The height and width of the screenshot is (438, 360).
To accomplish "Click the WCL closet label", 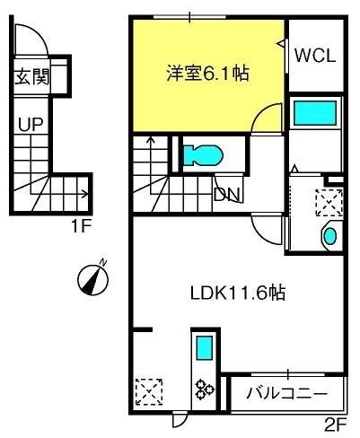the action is tap(315, 56).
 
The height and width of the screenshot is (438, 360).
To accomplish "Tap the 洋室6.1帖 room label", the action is tap(207, 73).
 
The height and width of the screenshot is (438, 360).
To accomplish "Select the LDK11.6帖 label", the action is tap(238, 293).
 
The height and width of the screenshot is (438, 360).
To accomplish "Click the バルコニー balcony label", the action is tap(286, 394).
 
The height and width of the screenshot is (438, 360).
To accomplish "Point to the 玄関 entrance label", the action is tap(32, 76).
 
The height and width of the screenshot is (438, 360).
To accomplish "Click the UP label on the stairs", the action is tap(31, 125).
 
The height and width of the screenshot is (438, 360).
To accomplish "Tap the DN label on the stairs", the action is tap(227, 195).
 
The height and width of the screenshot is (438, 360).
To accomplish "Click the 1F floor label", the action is tap(81, 226).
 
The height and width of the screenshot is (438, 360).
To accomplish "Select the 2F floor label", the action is tap(336, 425).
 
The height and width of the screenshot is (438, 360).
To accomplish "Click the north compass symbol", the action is tap(92, 279).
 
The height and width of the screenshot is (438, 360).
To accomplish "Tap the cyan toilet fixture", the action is tap(203, 155).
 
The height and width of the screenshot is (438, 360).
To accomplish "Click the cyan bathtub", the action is tap(315, 113).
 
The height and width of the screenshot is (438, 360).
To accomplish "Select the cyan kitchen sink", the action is tap(205, 347).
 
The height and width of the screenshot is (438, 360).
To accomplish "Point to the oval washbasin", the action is tap(330, 236).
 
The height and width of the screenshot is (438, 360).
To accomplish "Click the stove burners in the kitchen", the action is tap(204, 390).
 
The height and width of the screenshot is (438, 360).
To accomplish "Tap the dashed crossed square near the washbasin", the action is tap(329, 202).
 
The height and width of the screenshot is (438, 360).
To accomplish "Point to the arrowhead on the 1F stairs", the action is tap(85, 194).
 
